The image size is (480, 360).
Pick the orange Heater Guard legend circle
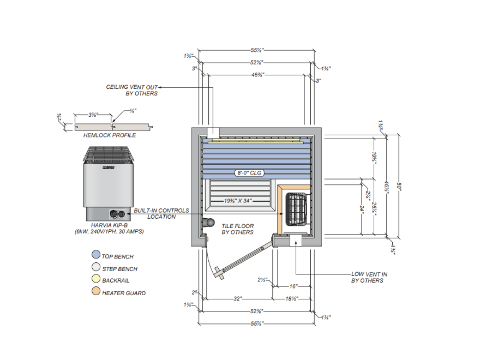tap(95, 293)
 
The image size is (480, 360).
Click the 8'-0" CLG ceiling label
tap(249, 173)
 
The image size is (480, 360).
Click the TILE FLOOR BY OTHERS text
tap(237, 229)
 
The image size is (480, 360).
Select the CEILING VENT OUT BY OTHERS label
tap(132, 90)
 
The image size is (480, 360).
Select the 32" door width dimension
tap(237, 299)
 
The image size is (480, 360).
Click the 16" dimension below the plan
tap(293, 286)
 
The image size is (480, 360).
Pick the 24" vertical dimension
tap(362, 208)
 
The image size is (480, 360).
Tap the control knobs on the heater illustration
tap(115, 214)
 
